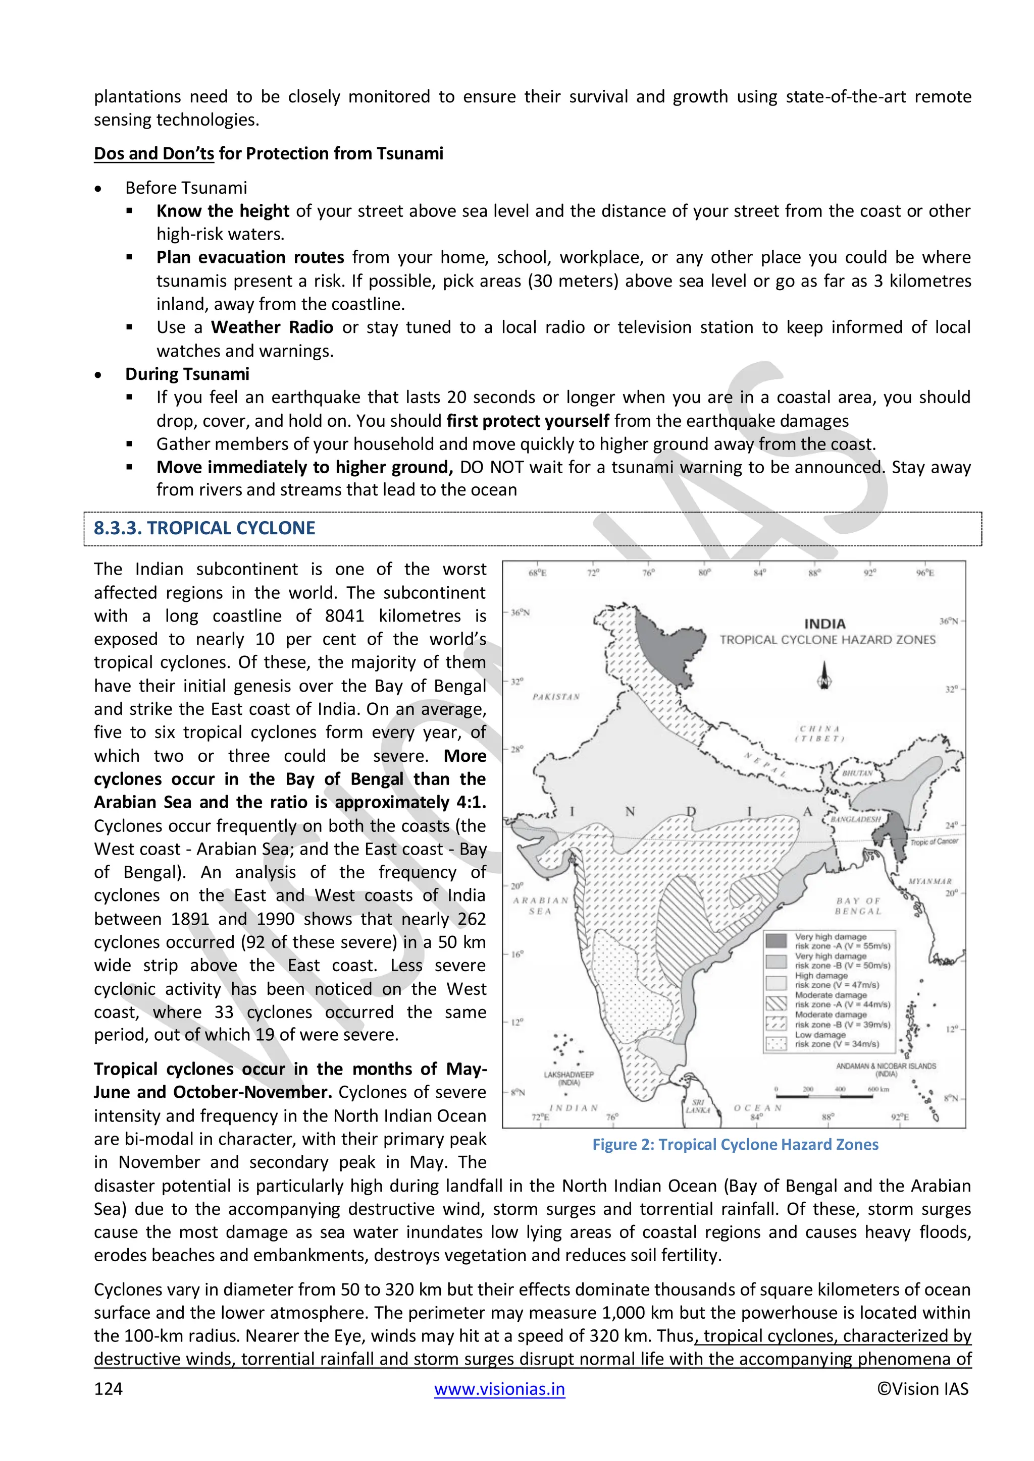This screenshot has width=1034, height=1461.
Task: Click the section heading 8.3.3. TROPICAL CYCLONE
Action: click(x=204, y=528)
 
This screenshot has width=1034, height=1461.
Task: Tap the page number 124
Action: click(x=108, y=1389)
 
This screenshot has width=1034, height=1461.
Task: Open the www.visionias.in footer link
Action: click(x=499, y=1389)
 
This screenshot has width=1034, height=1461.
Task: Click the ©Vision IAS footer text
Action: click(x=922, y=1389)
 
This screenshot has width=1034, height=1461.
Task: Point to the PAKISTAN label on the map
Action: click(x=556, y=697)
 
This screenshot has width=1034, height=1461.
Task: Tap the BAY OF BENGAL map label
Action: click(x=858, y=906)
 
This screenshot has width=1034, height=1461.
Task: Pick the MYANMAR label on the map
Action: click(x=929, y=881)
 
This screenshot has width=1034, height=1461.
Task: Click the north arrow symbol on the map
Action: click(x=824, y=677)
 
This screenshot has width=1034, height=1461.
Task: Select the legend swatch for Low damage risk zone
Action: click(x=776, y=1044)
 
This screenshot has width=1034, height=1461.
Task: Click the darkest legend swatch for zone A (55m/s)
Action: click(x=776, y=941)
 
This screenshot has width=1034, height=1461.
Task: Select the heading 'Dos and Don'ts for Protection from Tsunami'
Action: click(x=268, y=153)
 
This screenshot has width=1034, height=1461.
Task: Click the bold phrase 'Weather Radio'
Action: click(x=272, y=327)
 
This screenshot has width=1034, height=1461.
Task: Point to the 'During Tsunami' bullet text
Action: click(x=187, y=374)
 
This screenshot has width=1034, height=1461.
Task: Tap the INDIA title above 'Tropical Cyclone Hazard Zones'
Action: click(x=824, y=624)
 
